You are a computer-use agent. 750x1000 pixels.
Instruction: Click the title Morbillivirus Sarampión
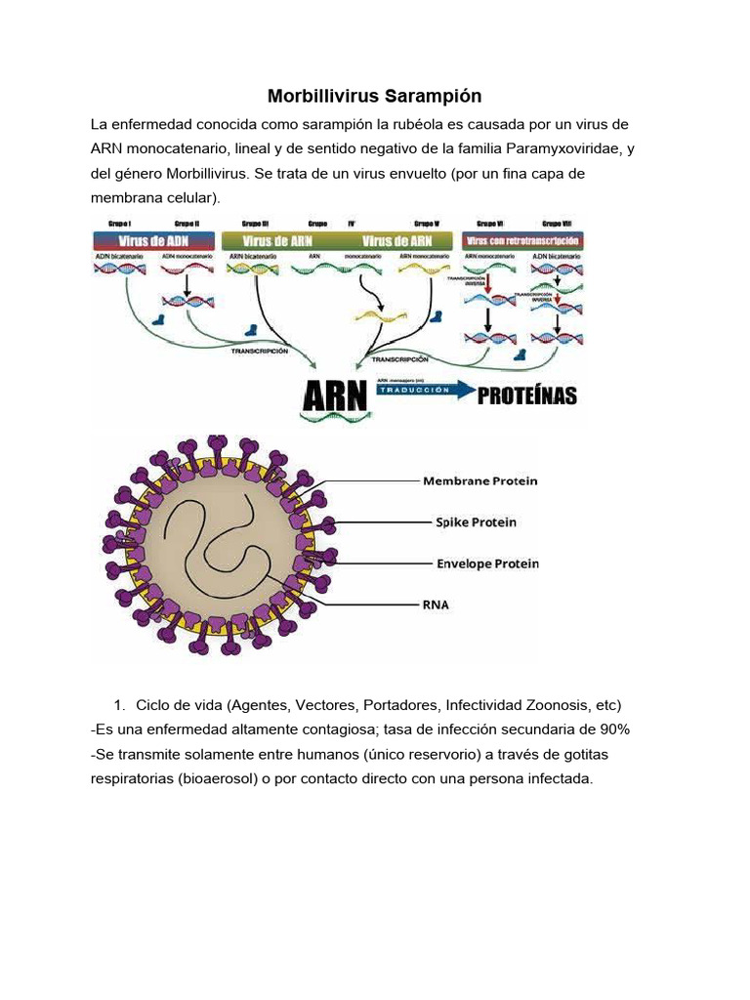(374, 97)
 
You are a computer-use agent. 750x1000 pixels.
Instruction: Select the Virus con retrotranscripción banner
(523, 241)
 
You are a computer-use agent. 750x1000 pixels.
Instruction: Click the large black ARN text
(334, 396)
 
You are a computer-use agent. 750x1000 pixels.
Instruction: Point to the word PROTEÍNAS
(526, 396)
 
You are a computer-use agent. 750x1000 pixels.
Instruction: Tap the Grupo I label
(120, 223)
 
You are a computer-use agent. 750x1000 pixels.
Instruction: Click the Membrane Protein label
(479, 480)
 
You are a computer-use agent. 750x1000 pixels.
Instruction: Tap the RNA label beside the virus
(436, 604)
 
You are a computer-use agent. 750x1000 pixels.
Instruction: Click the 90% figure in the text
(614, 729)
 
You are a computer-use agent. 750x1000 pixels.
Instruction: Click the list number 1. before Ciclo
(120, 705)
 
